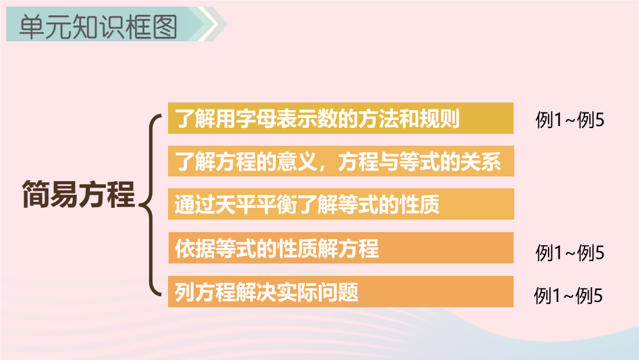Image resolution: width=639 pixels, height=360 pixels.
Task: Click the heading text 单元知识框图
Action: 98,27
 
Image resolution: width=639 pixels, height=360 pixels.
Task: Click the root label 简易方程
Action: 78,194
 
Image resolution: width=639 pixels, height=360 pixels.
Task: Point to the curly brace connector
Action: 151,205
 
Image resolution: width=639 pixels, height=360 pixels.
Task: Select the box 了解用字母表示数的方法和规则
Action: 341,118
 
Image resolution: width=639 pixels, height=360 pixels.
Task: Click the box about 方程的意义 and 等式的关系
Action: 341,161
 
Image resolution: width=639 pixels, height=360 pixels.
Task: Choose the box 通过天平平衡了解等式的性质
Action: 341,204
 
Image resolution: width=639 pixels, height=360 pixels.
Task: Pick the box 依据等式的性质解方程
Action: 341,248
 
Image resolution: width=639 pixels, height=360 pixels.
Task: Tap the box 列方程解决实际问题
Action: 341,291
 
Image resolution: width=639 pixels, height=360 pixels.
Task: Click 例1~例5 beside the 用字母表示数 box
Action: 570,120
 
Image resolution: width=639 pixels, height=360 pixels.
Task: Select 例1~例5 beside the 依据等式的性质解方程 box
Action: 570,253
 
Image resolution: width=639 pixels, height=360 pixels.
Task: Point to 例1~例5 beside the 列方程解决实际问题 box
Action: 568,296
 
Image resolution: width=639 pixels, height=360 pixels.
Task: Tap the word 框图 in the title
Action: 151,27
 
